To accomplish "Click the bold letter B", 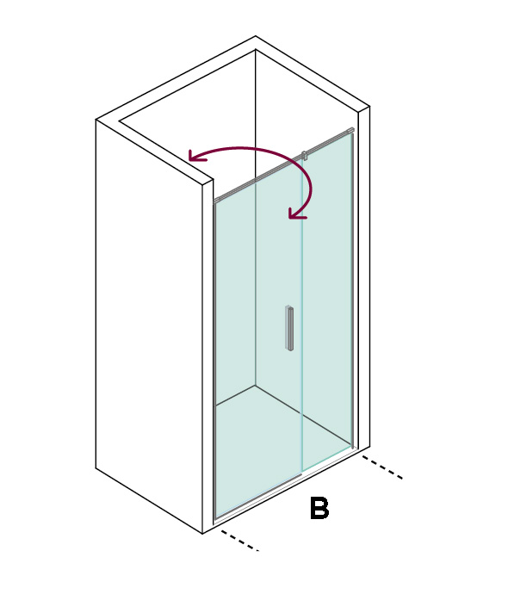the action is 319,508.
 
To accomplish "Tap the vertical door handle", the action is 289,328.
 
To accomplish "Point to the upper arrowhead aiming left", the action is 197,155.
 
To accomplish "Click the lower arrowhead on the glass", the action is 296,213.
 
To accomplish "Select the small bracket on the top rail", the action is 304,155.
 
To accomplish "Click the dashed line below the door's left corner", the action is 239,541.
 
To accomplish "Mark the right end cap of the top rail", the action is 350,130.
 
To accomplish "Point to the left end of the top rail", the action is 215,201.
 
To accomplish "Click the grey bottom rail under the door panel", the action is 258,496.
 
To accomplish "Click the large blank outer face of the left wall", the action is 149,325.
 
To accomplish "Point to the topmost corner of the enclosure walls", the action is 256,36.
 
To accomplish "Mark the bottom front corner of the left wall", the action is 202,534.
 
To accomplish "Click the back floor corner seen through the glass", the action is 255,386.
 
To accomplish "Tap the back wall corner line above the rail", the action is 256,114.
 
